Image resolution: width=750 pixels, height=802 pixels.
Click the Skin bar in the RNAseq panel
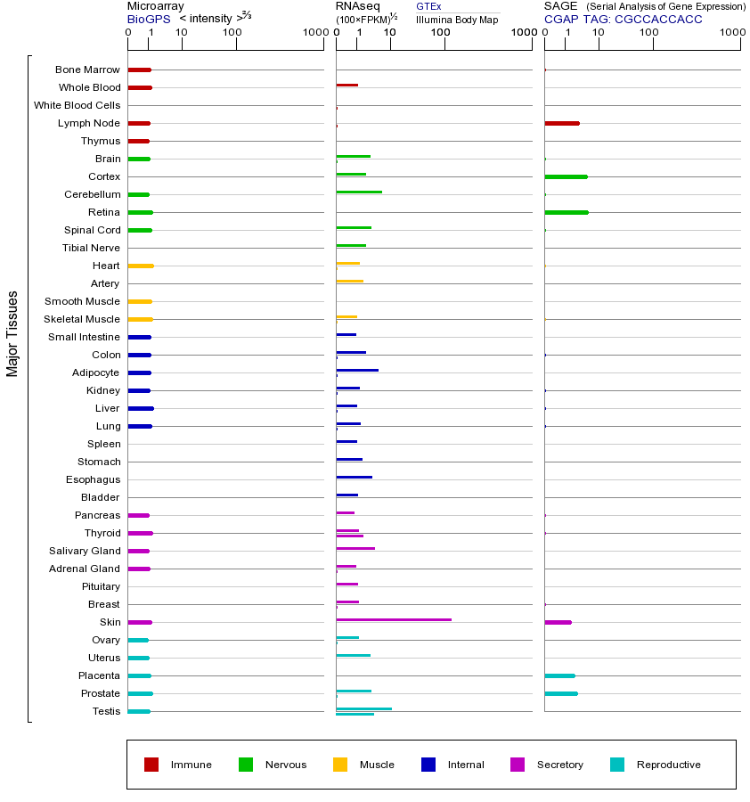[394, 619]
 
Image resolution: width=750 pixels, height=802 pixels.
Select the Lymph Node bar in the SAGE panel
[561, 123]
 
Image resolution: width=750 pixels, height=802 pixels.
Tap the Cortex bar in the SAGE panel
[566, 176]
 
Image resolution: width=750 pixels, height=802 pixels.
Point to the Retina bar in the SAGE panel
[566, 212]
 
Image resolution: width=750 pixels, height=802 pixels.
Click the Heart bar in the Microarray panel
[141, 266]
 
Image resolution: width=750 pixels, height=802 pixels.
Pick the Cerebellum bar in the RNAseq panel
[359, 192]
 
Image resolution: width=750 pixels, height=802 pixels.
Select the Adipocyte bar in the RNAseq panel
[357, 370]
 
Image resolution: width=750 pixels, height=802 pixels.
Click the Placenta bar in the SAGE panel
[559, 675]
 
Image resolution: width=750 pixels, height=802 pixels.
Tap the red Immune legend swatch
[151, 765]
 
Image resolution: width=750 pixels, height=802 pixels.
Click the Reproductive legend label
[668, 765]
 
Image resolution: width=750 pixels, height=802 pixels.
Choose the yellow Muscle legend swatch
[340, 765]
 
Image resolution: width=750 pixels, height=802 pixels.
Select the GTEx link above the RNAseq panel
[428, 6]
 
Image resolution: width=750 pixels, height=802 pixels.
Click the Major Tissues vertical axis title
[12, 333]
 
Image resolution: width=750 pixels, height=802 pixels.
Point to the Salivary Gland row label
[85, 551]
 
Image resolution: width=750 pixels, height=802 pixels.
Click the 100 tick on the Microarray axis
[232, 33]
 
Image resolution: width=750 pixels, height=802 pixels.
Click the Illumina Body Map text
[458, 19]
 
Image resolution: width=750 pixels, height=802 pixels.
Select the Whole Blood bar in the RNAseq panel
[346, 85]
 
